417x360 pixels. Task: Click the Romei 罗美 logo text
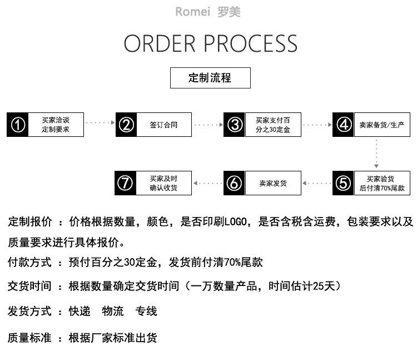coord(208,12)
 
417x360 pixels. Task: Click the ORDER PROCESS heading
coord(210,44)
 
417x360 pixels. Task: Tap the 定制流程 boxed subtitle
coord(210,78)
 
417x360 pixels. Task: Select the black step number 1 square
coord(18,125)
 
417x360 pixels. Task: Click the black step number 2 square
coord(126,125)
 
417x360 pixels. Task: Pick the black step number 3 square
coord(235,125)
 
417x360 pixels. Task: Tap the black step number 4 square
coord(344,125)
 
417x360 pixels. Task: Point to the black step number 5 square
coord(344,183)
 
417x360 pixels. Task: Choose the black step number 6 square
coord(235,183)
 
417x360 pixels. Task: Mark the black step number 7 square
coord(126,183)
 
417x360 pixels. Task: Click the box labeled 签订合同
coord(164,125)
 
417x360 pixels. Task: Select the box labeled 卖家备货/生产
coord(382,125)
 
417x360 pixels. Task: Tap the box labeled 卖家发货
coord(273,183)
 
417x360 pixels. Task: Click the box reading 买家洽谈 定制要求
coord(56,125)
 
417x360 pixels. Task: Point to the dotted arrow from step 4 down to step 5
coord(376,153)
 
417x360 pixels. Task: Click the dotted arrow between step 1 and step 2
coord(100,122)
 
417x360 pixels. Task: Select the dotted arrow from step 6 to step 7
coord(207,183)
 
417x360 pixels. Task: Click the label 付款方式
coord(29,262)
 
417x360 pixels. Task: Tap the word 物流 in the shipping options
coord(113,311)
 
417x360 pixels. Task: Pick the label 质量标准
coord(29,338)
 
